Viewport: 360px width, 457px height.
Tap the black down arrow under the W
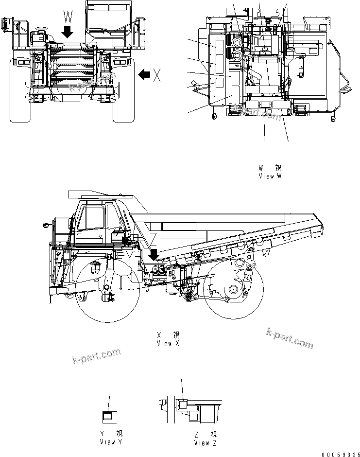point(68,32)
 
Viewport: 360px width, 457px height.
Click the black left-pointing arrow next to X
point(143,74)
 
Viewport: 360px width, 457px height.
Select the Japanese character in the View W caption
point(278,167)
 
